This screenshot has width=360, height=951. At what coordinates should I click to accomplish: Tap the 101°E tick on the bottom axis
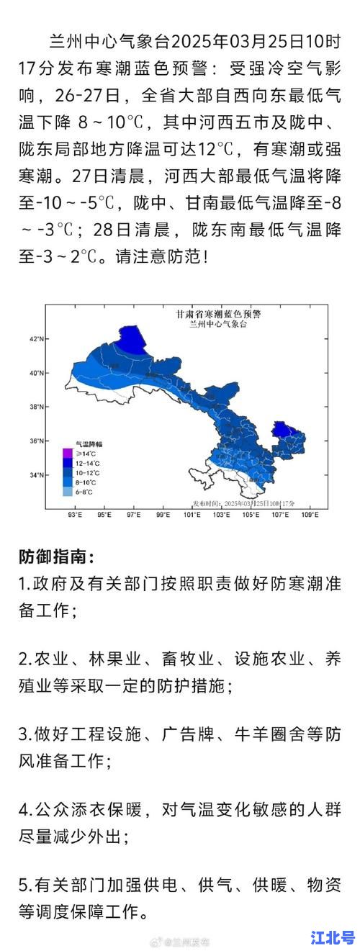click(192, 516)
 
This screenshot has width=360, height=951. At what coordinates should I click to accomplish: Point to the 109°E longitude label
click(310, 516)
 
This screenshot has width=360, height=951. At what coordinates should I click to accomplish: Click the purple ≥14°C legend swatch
click(67, 454)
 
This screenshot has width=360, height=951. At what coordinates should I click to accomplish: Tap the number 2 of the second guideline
click(23, 659)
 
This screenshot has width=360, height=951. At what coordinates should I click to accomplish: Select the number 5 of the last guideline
click(23, 884)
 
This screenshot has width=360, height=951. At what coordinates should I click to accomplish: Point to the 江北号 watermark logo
click(332, 937)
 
